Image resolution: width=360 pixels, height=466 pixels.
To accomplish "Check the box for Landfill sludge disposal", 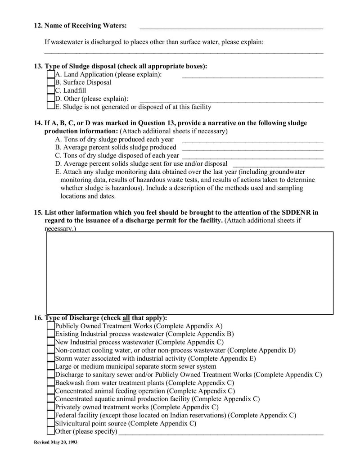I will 50,90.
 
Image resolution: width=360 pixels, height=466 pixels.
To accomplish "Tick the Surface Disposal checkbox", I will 50,82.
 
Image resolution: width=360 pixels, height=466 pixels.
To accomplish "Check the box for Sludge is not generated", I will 50,107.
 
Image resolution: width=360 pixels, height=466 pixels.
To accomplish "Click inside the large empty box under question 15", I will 189,272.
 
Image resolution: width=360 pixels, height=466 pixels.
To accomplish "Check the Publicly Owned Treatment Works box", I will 50,326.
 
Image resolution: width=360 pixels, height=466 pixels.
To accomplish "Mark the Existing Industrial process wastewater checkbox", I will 50,334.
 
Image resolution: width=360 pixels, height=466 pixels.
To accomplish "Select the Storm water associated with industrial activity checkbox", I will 50,358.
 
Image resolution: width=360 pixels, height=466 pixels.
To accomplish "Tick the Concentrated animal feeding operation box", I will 50,391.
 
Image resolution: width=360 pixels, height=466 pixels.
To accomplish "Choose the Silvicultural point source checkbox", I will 50,423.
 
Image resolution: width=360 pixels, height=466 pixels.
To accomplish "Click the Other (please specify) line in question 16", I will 220,433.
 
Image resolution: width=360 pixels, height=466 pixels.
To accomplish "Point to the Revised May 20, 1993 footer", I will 56,443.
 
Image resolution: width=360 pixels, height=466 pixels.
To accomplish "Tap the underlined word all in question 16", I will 126,317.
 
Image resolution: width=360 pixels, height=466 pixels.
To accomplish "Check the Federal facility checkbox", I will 50,415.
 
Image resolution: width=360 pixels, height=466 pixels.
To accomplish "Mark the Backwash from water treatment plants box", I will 50,383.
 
